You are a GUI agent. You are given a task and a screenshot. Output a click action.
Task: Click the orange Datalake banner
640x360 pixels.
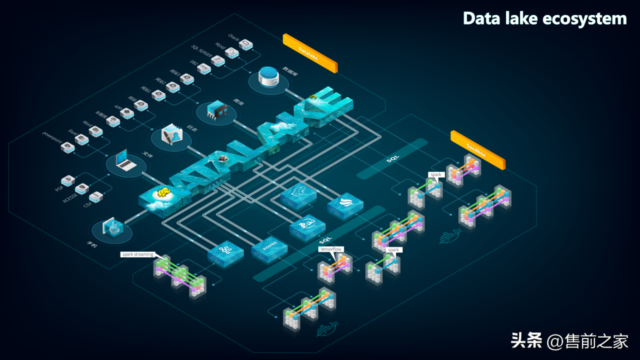(310, 53)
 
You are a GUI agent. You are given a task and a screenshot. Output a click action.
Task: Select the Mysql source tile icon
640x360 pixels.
(231, 52)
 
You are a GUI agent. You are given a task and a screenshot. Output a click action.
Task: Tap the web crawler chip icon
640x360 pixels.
(216, 111)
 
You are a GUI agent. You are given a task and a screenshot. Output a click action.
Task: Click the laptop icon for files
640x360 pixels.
(125, 161)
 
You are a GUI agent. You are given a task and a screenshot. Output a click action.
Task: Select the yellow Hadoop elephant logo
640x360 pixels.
(162, 193)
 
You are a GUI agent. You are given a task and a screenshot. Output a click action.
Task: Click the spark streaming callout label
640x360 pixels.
(138, 254)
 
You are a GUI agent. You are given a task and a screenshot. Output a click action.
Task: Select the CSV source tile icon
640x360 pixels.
(96, 195)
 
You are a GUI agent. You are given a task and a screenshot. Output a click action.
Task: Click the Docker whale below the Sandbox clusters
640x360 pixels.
(449, 237)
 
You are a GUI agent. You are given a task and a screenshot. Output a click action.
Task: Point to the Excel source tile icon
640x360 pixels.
(81, 139)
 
